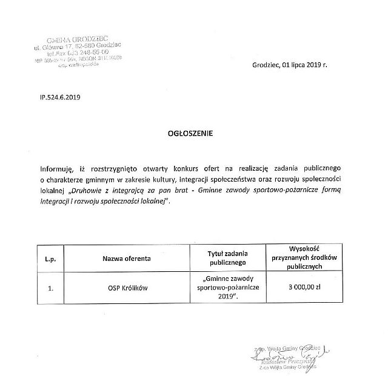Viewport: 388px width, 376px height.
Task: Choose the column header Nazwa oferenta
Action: tap(126, 258)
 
